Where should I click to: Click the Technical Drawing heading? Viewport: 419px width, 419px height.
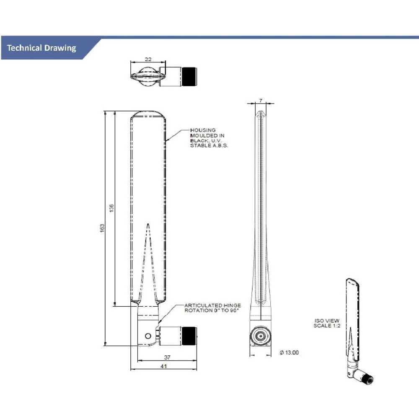point(41,48)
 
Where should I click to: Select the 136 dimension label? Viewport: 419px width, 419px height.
point(111,208)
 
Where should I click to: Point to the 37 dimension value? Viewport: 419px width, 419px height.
point(167,357)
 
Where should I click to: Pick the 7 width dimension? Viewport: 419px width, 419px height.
point(261,101)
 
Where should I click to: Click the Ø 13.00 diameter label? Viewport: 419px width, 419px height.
point(289,352)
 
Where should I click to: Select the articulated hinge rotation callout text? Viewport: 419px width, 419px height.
point(212,308)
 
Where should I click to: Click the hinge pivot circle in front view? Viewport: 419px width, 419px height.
point(147,336)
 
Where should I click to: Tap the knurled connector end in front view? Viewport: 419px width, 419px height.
point(189,335)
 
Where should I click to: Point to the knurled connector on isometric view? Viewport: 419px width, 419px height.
point(368,379)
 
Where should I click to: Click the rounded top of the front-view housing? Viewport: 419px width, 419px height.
point(148,113)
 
